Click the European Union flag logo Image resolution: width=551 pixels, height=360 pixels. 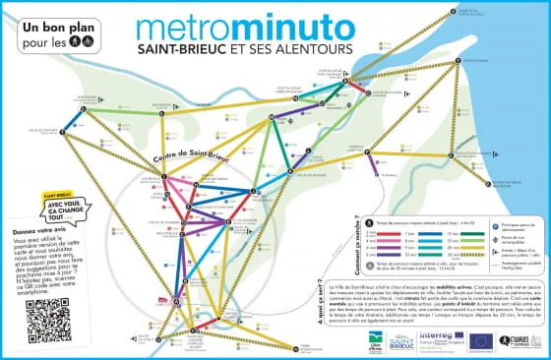[482, 340]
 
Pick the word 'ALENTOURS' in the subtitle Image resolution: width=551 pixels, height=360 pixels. [319, 48]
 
